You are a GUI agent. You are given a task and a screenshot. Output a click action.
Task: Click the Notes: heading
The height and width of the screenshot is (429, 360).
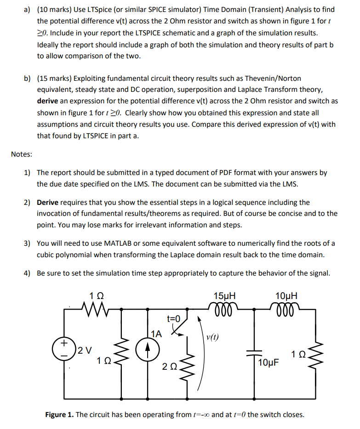pyautogui.click(x=21, y=154)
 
